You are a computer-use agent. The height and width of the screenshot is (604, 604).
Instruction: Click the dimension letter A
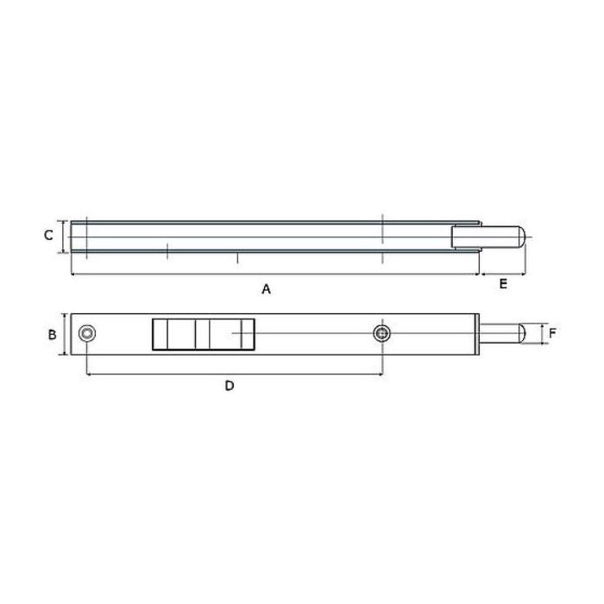[x=266, y=289]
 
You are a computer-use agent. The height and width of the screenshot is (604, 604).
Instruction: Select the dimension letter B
[x=52, y=335]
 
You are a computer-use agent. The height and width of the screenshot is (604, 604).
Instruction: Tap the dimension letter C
[x=48, y=235]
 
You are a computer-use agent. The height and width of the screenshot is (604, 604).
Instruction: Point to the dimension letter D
[x=230, y=385]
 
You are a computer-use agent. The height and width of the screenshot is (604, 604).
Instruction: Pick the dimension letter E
[x=503, y=284]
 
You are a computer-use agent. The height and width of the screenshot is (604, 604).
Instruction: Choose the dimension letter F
[x=552, y=334]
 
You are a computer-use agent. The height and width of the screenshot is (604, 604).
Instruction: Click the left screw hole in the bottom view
[x=87, y=334]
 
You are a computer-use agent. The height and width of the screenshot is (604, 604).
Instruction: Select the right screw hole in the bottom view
[x=381, y=334]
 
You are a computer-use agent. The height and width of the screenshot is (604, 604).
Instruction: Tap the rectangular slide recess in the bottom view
[x=204, y=335]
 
